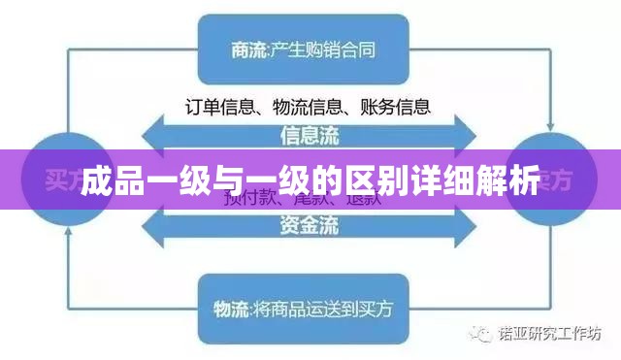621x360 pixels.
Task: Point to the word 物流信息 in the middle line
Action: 309,106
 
